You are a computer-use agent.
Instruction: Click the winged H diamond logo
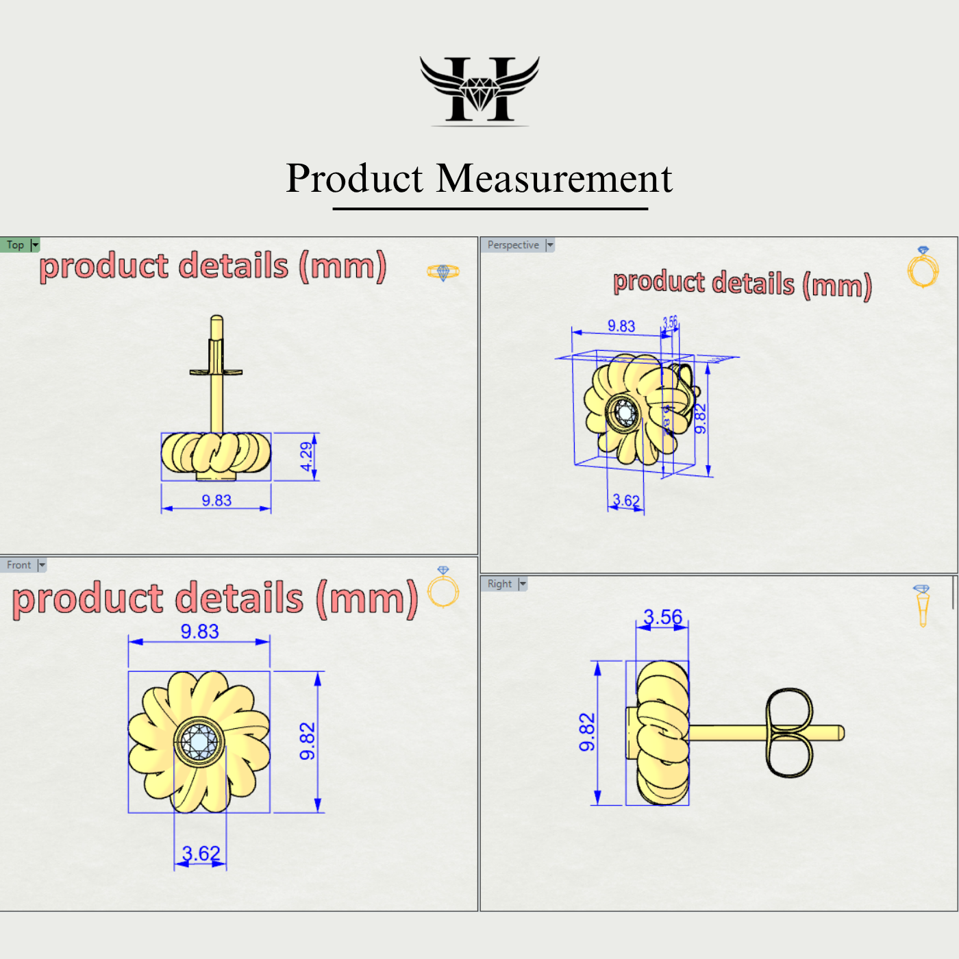(x=480, y=90)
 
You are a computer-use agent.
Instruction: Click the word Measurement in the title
(x=554, y=179)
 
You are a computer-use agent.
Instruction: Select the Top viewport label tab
(x=16, y=245)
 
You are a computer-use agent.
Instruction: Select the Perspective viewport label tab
(x=513, y=245)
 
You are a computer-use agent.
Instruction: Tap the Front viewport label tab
(x=19, y=565)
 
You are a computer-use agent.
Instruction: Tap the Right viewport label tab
(x=499, y=584)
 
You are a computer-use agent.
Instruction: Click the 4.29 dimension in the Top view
(x=306, y=456)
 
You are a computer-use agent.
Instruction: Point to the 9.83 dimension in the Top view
(x=216, y=501)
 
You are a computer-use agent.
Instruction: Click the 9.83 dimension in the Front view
(x=199, y=631)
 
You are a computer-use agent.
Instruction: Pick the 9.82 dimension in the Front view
(x=308, y=741)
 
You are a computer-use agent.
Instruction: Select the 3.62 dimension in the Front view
(x=201, y=854)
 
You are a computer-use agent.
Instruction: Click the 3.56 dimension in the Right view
(x=662, y=617)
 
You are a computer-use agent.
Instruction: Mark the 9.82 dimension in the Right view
(x=587, y=732)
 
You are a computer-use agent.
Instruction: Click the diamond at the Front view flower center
(x=199, y=741)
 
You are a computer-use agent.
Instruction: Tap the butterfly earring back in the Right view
(x=789, y=733)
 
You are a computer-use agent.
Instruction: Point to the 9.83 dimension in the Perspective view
(x=621, y=326)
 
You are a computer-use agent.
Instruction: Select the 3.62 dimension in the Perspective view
(x=625, y=501)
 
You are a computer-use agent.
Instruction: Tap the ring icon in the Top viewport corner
(x=443, y=272)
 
